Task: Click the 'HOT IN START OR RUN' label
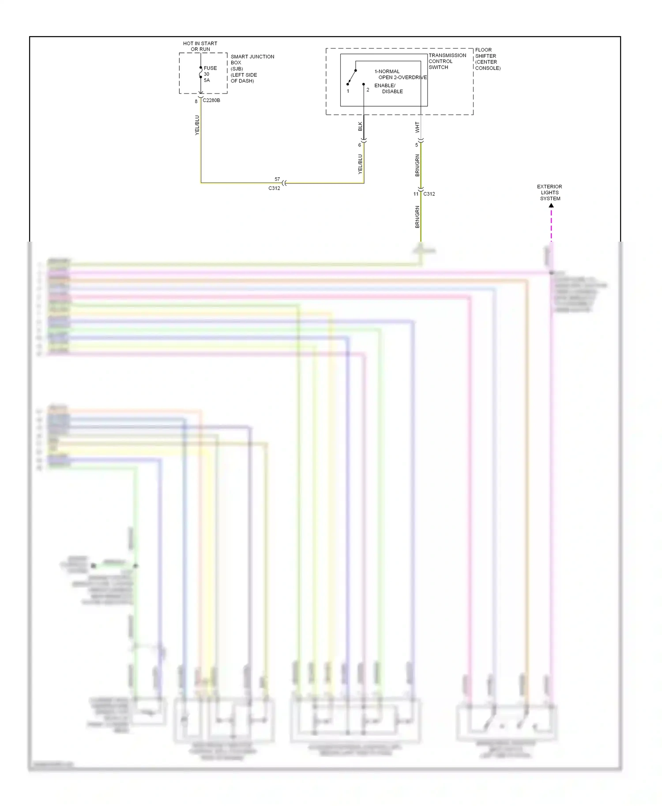pyautogui.click(x=200, y=46)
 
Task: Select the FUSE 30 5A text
pyautogui.click(x=210, y=74)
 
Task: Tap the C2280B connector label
pyautogui.click(x=211, y=101)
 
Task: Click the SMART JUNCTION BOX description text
pyautogui.click(x=252, y=69)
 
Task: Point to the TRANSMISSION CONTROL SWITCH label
pyautogui.click(x=447, y=61)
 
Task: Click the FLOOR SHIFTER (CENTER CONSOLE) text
pyautogui.click(x=487, y=59)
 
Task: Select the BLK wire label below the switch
pyautogui.click(x=360, y=127)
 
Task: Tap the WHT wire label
pyautogui.click(x=417, y=127)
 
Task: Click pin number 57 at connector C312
pyautogui.click(x=277, y=179)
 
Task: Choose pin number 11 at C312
pyautogui.click(x=416, y=194)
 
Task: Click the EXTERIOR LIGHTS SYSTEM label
pyautogui.click(x=549, y=193)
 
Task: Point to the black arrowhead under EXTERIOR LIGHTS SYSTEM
pyautogui.click(x=551, y=205)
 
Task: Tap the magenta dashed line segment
pyautogui.click(x=551, y=225)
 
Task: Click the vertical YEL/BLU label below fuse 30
pyautogui.click(x=197, y=125)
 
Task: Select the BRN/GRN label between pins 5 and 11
pyautogui.click(x=417, y=165)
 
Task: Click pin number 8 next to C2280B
pyautogui.click(x=196, y=102)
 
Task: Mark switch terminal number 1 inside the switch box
pyautogui.click(x=348, y=91)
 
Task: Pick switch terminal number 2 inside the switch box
pyautogui.click(x=368, y=90)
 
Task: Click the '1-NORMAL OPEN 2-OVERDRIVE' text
pyautogui.click(x=400, y=75)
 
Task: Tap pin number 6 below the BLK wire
pyautogui.click(x=359, y=145)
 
